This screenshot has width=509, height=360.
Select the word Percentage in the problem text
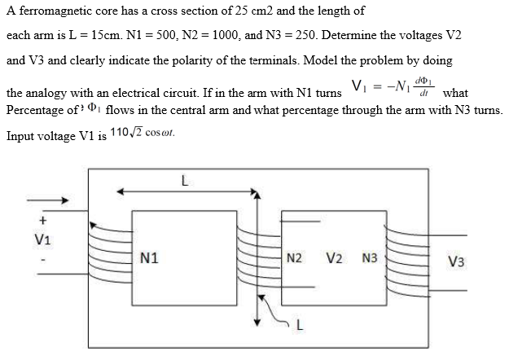point(35,110)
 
